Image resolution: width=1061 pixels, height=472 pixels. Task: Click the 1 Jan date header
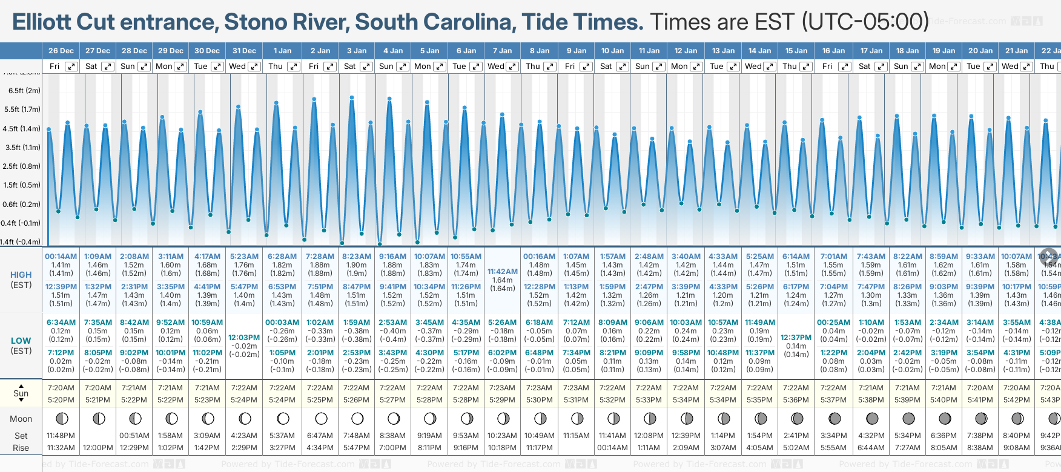pyautogui.click(x=282, y=51)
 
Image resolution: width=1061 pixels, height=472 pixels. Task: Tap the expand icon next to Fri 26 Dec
pyautogui.click(x=71, y=67)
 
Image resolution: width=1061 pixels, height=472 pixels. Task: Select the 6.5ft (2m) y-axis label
pyautogui.click(x=24, y=91)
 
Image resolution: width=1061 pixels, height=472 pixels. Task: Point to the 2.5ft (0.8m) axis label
pyautogui.click(x=22, y=166)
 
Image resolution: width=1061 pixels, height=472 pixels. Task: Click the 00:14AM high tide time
pyautogui.click(x=61, y=257)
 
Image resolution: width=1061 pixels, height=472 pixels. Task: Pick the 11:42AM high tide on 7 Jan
pyautogui.click(x=503, y=272)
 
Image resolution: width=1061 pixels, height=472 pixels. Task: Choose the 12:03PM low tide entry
pyautogui.click(x=244, y=338)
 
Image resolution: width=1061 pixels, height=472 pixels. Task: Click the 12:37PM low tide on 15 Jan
pyautogui.click(x=796, y=338)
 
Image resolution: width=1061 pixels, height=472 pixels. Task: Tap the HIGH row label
pyautogui.click(x=21, y=275)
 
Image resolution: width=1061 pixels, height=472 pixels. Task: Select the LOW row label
pyautogui.click(x=21, y=341)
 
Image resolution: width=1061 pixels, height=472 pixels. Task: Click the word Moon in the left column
pyautogui.click(x=21, y=419)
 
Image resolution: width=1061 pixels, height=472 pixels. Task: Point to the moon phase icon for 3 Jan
pyautogui.click(x=357, y=419)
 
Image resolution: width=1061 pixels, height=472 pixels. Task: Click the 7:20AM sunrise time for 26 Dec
pyautogui.click(x=61, y=388)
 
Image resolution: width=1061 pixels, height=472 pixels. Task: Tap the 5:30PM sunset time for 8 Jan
pyautogui.click(x=539, y=400)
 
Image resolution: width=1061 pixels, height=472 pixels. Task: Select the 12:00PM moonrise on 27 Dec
pyautogui.click(x=98, y=448)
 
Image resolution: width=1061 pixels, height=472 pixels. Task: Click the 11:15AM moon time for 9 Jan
pyautogui.click(x=576, y=436)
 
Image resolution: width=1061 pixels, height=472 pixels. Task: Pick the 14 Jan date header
pyautogui.click(x=759, y=51)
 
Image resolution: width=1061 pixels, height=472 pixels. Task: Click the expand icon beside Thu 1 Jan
pyautogui.click(x=294, y=67)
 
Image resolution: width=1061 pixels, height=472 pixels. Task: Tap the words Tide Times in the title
pyautogui.click(x=582, y=22)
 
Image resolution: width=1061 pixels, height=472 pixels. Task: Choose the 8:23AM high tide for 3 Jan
pyautogui.click(x=357, y=257)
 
